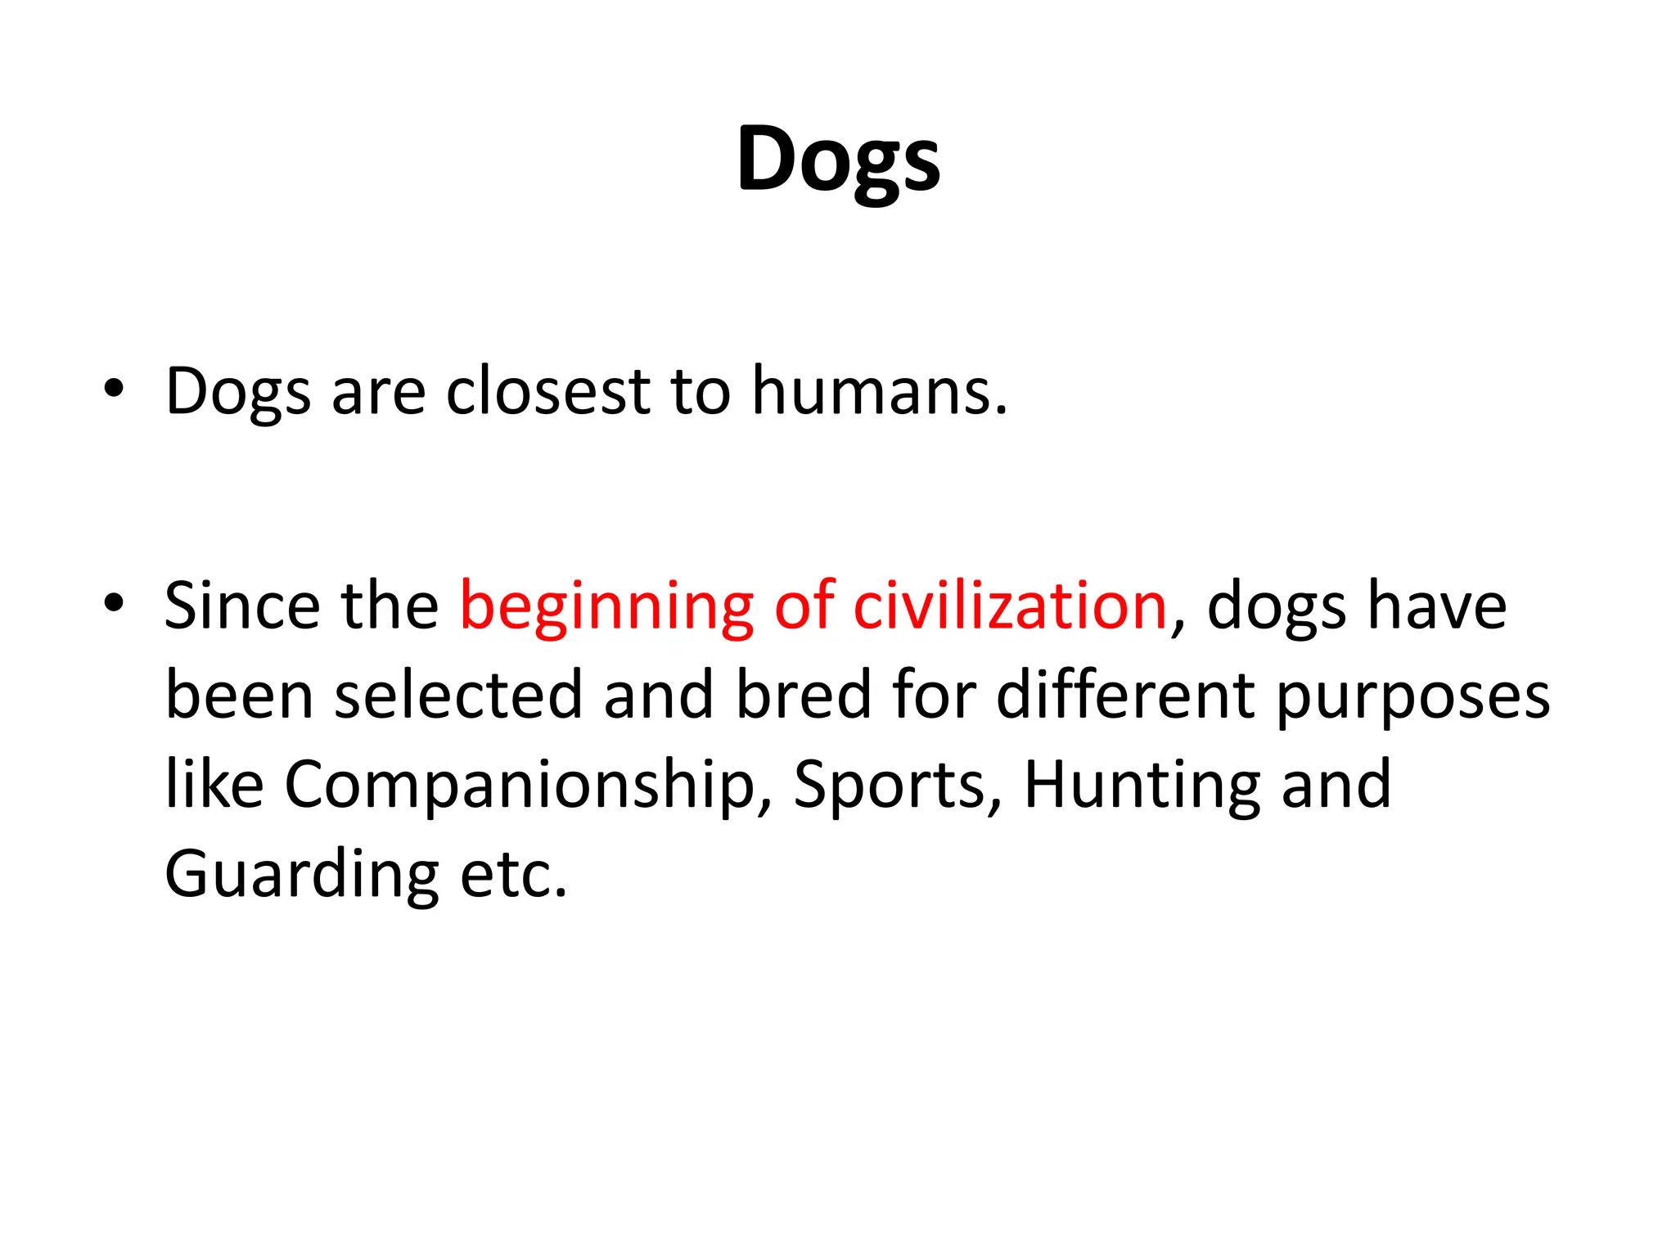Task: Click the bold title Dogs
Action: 838,160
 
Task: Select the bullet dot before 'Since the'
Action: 114,603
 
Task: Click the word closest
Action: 547,390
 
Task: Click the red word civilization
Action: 1009,606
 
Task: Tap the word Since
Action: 242,606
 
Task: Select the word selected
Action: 457,696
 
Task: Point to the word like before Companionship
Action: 214,784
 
